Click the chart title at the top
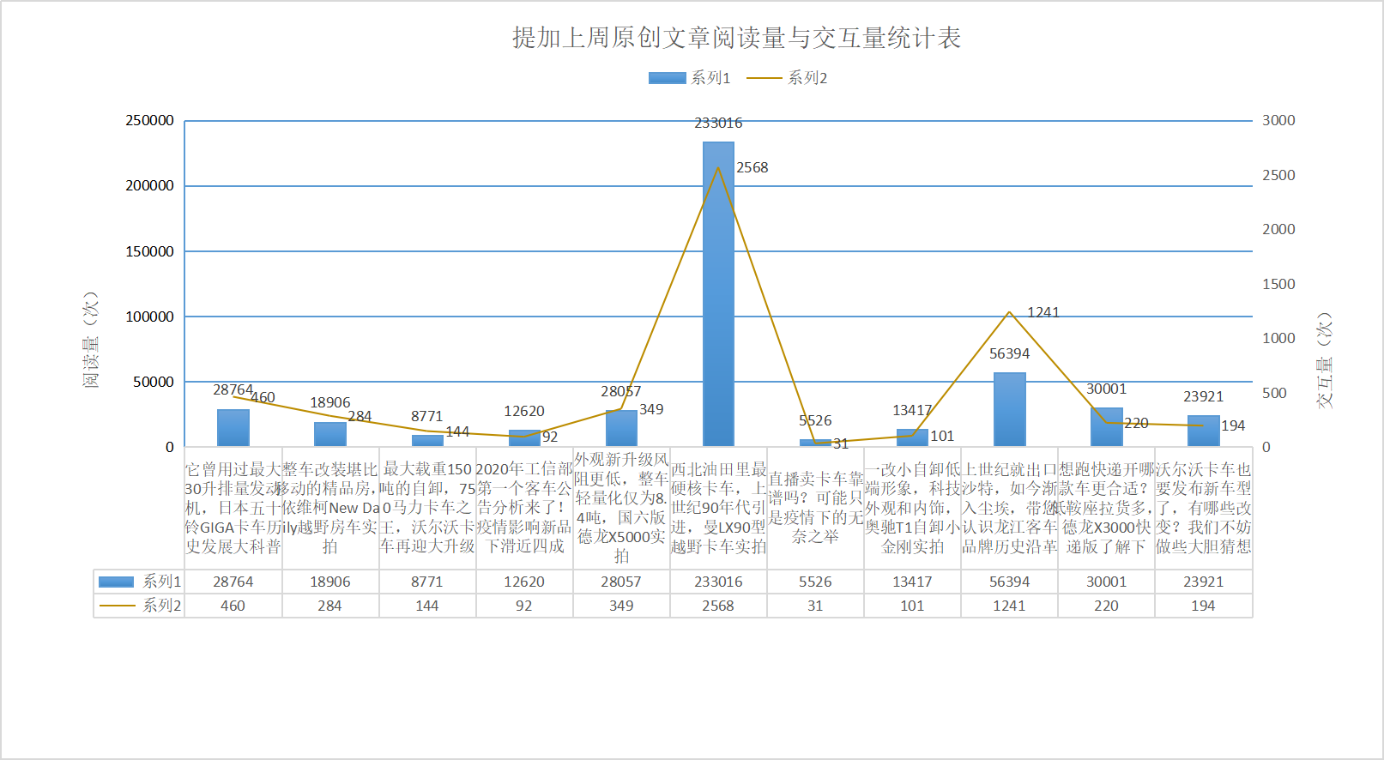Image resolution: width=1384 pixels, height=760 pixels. coord(736,38)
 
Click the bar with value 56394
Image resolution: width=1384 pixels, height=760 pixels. coord(1009,409)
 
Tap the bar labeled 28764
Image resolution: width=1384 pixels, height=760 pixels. coord(233,427)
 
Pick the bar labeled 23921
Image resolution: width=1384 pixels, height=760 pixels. coord(1203,431)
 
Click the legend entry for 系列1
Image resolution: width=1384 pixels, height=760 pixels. coord(689,78)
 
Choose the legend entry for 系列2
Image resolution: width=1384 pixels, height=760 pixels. coord(787,78)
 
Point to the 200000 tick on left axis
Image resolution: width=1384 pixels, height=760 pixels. coord(149,186)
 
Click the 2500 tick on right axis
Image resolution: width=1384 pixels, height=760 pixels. coord(1278,175)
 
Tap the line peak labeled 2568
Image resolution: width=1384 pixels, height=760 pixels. coord(718,167)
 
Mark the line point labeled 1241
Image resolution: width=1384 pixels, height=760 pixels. coord(1009,312)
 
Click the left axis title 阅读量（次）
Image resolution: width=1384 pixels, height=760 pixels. coord(90,340)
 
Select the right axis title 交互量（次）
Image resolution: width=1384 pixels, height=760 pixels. coord(1325,359)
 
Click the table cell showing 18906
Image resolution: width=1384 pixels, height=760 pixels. coord(330,582)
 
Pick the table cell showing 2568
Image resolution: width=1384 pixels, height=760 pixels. coord(718,606)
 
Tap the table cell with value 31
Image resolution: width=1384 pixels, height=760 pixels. coord(815,606)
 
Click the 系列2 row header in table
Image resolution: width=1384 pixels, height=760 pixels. coord(140,606)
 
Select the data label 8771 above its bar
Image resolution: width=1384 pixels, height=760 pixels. coord(426,416)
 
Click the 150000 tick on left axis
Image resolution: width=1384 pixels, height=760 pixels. coord(149,251)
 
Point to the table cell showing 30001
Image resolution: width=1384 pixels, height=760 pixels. coord(1106,582)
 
